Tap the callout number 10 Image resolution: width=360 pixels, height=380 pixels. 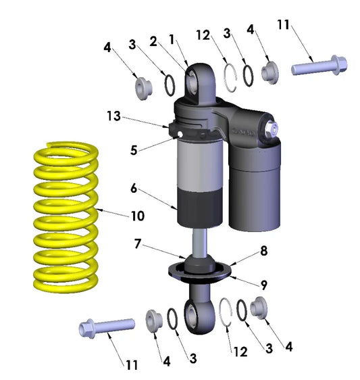(138, 216)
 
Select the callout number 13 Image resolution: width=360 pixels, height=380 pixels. (113, 116)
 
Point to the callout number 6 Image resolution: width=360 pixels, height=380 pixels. (134, 188)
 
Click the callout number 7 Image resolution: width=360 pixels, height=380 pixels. (138, 244)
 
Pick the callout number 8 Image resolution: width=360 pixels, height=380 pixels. (264, 251)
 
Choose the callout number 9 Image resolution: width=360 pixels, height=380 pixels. (264, 285)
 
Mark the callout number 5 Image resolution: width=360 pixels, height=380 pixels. (134, 150)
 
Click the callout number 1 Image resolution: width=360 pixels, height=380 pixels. (172, 39)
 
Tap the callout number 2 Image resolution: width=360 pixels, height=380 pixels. (153, 41)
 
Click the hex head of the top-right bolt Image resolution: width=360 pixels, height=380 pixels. (339, 65)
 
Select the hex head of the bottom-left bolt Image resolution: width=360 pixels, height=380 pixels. (86, 329)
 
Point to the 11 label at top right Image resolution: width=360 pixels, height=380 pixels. (283, 24)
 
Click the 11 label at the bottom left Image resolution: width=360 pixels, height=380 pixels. (132, 364)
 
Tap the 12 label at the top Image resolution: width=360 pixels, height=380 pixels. (203, 35)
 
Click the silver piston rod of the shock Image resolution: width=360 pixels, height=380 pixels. (200, 241)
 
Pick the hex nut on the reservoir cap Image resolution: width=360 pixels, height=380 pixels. (272, 128)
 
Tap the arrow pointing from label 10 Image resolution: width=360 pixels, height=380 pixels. (113, 212)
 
